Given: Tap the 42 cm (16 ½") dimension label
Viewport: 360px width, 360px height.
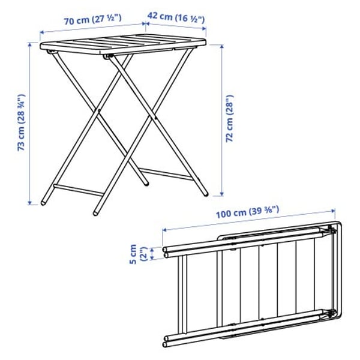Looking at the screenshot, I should click(176, 19).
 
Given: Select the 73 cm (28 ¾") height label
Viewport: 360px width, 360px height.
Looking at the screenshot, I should click(21, 123).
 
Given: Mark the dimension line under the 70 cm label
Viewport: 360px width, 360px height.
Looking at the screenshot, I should click(92, 29).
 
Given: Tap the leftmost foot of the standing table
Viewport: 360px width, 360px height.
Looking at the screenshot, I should click(44, 202).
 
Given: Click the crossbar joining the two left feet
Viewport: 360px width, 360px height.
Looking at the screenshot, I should click(75, 191).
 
